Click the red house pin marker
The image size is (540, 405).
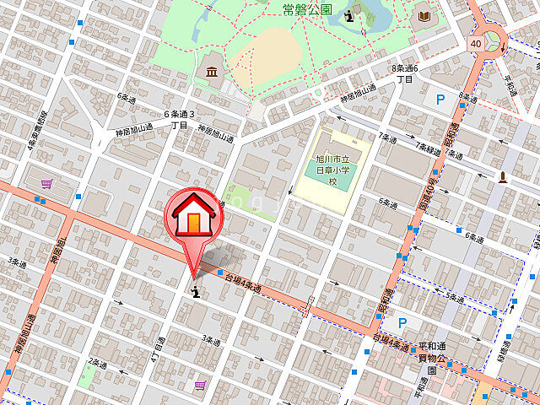point(195,218)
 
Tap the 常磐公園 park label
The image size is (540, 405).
point(307,9)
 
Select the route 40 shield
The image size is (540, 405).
point(477,42)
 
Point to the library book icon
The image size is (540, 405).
point(422,15)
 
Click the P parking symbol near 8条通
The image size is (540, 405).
point(440,100)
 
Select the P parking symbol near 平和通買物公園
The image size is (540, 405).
point(402,322)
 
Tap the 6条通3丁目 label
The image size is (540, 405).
point(179,119)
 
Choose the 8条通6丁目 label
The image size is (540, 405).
point(405,73)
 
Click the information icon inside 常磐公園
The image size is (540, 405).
point(349,16)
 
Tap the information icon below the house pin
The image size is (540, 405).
point(196,292)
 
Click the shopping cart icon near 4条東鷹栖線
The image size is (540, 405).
point(46,182)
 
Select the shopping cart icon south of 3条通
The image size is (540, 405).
point(200,385)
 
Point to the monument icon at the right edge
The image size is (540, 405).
point(503,175)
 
